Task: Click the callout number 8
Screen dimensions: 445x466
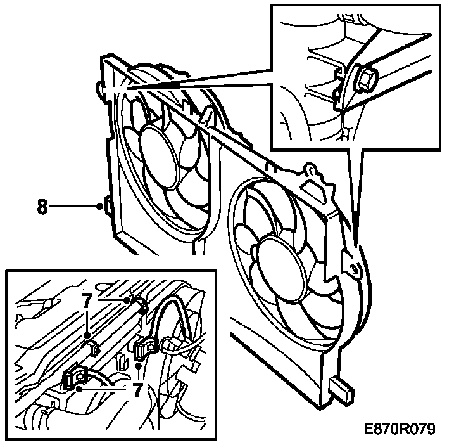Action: [42, 207]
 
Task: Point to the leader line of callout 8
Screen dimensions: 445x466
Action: [73, 207]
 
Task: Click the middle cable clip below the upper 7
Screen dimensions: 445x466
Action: [94, 346]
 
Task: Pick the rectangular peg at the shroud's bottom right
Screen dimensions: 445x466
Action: [342, 389]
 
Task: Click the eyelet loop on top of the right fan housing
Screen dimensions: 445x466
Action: [310, 170]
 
